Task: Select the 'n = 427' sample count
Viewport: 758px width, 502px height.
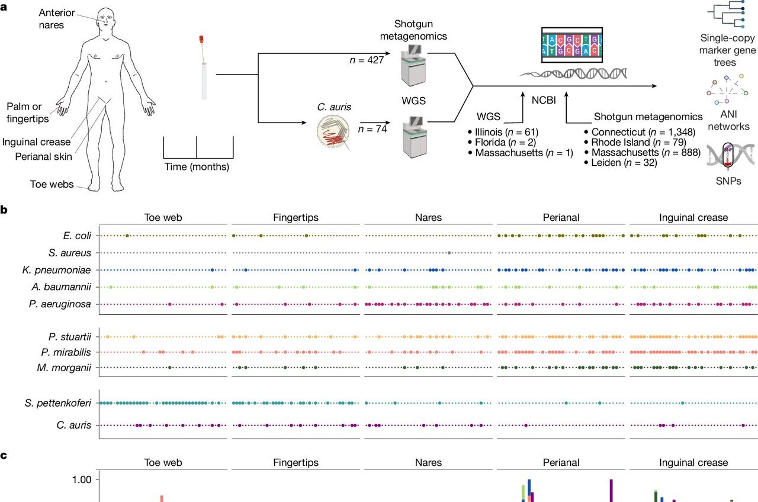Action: pyautogui.click(x=366, y=60)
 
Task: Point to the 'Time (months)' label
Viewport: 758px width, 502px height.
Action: pyautogui.click(x=197, y=166)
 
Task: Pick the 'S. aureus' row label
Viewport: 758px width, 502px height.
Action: pyautogui.click(x=70, y=253)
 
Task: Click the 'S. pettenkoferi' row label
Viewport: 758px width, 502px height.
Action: pyautogui.click(x=58, y=403)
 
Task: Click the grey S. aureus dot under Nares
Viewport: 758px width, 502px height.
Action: pyautogui.click(x=450, y=253)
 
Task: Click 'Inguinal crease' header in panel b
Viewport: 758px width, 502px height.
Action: pyautogui.click(x=693, y=217)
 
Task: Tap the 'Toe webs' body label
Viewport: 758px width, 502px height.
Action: pyautogui.click(x=52, y=184)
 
